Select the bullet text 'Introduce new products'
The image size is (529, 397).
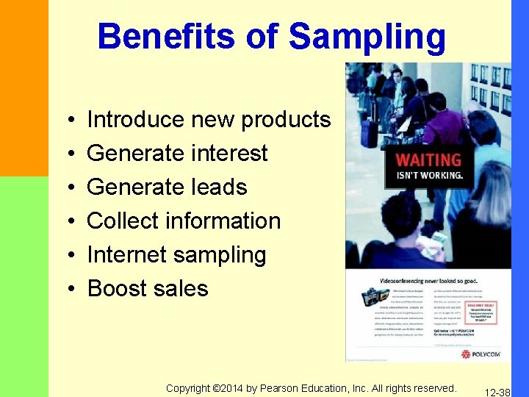point(209,119)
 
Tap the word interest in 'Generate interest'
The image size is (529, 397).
point(230,153)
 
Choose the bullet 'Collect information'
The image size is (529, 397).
point(184,221)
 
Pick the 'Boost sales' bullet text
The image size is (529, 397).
point(148,288)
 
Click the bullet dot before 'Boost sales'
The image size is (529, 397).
point(66,289)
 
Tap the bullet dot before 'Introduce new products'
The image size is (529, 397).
point(66,120)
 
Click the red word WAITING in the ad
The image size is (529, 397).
point(428,160)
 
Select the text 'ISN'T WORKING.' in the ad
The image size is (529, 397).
point(429,175)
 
